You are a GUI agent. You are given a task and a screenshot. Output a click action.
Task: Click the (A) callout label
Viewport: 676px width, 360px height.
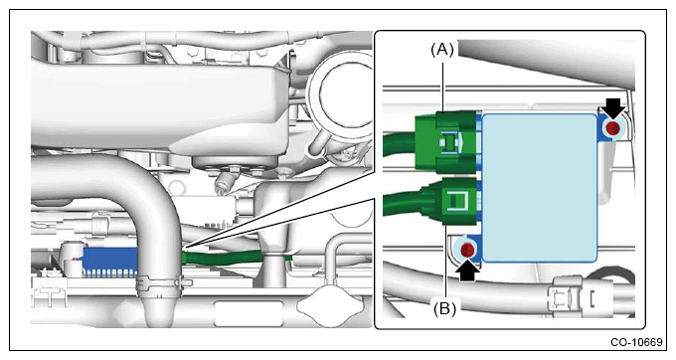442,51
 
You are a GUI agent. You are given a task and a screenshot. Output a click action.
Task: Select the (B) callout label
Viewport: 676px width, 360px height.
445,308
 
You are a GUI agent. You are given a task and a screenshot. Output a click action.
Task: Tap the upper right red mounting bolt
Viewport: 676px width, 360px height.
612,128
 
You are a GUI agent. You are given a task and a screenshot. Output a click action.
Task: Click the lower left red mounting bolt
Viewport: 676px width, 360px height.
468,250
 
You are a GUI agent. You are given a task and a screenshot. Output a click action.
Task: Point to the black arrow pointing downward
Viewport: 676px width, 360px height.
613,108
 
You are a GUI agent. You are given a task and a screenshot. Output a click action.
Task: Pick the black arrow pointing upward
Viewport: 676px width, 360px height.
469,271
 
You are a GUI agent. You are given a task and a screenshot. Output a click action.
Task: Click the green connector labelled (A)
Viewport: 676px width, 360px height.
446,142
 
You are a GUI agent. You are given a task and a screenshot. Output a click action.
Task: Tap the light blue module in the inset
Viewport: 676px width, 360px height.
540,188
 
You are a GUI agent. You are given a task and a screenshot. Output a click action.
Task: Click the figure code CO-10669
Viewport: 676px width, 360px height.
636,342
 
